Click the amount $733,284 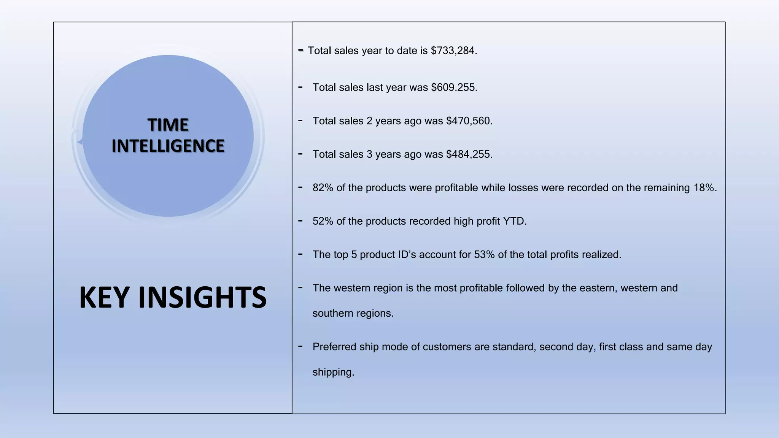coord(453,51)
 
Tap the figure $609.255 coord(454,87)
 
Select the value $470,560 coord(469,121)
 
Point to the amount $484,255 coord(469,154)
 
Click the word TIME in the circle coord(168,125)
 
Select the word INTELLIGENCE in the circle coord(168,146)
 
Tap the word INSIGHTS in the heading coord(202,297)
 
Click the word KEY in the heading coord(104,297)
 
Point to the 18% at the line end coord(704,188)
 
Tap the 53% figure coord(484,255)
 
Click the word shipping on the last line coord(333,372)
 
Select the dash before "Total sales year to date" coord(301,50)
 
